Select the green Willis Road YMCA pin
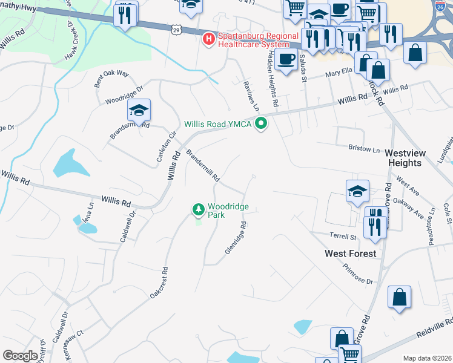(x=262, y=124)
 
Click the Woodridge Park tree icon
(x=198, y=210)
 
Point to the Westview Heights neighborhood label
(x=403, y=159)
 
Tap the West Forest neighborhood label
(x=350, y=253)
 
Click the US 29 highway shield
(x=176, y=30)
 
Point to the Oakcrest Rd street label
(x=159, y=283)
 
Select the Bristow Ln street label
(x=364, y=148)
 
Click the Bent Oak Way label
(x=112, y=80)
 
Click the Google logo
(x=20, y=356)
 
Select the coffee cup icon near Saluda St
(x=286, y=60)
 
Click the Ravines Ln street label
(x=251, y=96)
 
